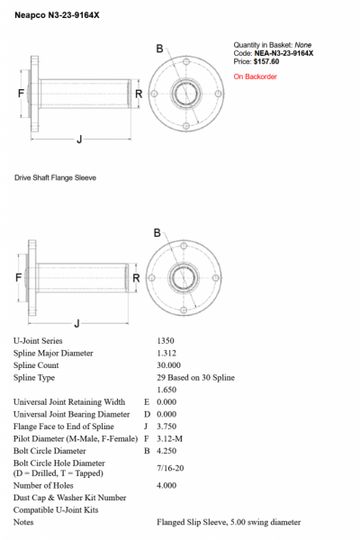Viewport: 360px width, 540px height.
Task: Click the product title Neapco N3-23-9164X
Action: pos(57,15)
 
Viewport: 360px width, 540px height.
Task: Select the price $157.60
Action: pos(266,61)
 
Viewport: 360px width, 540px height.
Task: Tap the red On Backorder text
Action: pos(256,76)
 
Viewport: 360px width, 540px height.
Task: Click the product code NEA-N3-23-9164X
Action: pos(283,53)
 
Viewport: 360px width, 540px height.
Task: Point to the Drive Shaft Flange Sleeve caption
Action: pos(55,177)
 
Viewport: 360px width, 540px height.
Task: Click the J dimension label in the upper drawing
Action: pos(79,139)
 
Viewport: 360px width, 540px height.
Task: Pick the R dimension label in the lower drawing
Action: pos(136,278)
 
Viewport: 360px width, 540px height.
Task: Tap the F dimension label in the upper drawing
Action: pos(21,93)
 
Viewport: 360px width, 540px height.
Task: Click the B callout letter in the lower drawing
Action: pos(157,233)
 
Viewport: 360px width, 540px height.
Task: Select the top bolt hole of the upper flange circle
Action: pos(186,62)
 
